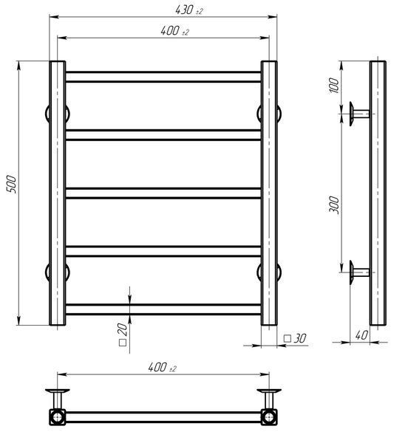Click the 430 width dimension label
tap(189, 10)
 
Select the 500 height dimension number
tap(11, 184)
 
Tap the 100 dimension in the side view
tap(334, 86)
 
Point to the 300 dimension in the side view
tap(334, 205)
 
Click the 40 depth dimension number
tap(361, 335)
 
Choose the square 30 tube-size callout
tap(295, 338)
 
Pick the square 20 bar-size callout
tap(123, 334)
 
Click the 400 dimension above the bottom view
tap(162, 368)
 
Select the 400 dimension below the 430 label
tap(174, 31)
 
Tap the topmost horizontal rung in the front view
tap(163, 77)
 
